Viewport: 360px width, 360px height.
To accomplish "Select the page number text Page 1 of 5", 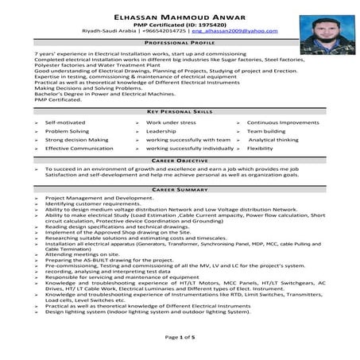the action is tap(180, 338).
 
